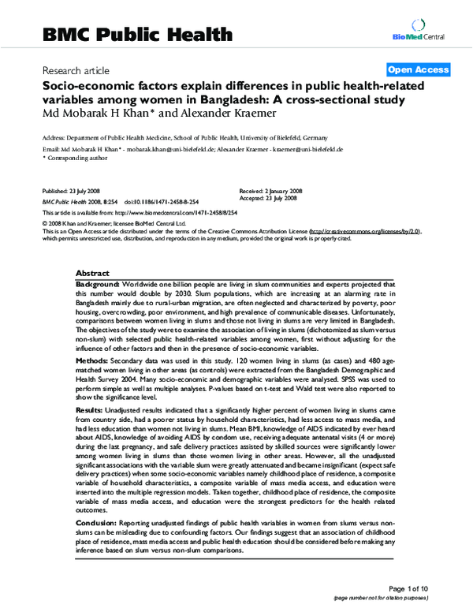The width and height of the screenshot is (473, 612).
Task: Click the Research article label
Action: tap(76, 69)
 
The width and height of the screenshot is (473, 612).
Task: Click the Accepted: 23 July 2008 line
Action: tap(270, 200)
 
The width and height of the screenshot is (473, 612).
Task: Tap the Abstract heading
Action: tap(92, 272)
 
